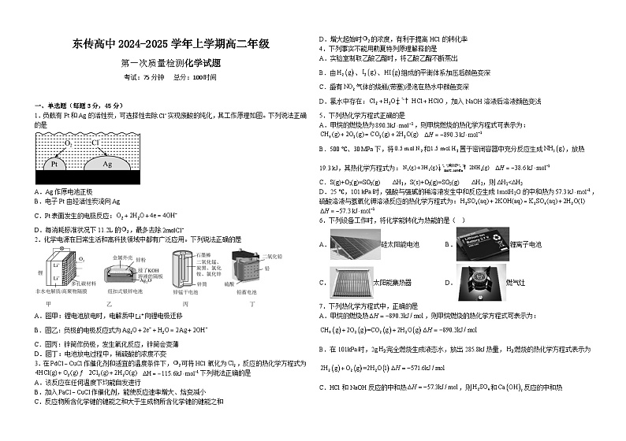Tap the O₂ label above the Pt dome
[69, 144]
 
